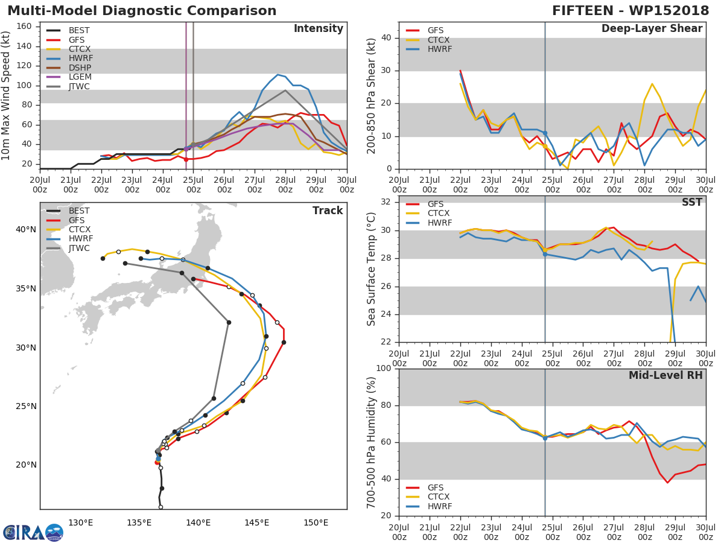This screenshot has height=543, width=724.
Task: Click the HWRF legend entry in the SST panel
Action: pyautogui.click(x=439, y=223)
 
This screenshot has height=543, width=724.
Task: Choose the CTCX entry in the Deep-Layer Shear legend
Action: pyautogui.click(x=439, y=40)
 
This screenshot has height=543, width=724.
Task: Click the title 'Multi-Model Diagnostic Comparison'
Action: pyautogui.click(x=142, y=11)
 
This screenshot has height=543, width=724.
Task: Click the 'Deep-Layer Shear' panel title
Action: pyautogui.click(x=652, y=29)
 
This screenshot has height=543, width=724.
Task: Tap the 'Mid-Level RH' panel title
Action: pyautogui.click(x=665, y=375)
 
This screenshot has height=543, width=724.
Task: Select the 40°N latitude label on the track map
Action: pyautogui.click(x=26, y=229)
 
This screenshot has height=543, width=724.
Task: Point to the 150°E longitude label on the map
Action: pyautogui.click(x=316, y=522)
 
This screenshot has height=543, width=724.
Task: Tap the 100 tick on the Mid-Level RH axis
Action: pyautogui.click(x=384, y=369)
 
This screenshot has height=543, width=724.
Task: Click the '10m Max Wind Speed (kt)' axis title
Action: pyautogui.click(x=7, y=97)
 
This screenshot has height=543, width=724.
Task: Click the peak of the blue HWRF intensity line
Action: pyautogui.click(x=278, y=75)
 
